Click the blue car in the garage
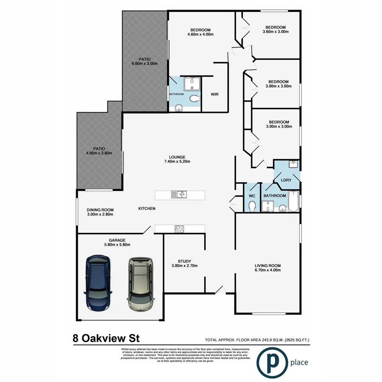(x=98, y=283)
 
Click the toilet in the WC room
(x=252, y=206)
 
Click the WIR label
(x=215, y=94)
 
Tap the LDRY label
(x=286, y=180)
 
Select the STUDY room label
(x=184, y=261)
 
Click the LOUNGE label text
(x=177, y=157)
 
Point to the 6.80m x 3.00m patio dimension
(x=145, y=64)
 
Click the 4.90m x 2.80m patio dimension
(x=99, y=153)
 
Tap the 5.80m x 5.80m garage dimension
(x=117, y=244)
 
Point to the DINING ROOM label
(x=100, y=209)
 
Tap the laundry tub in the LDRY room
(x=294, y=164)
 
